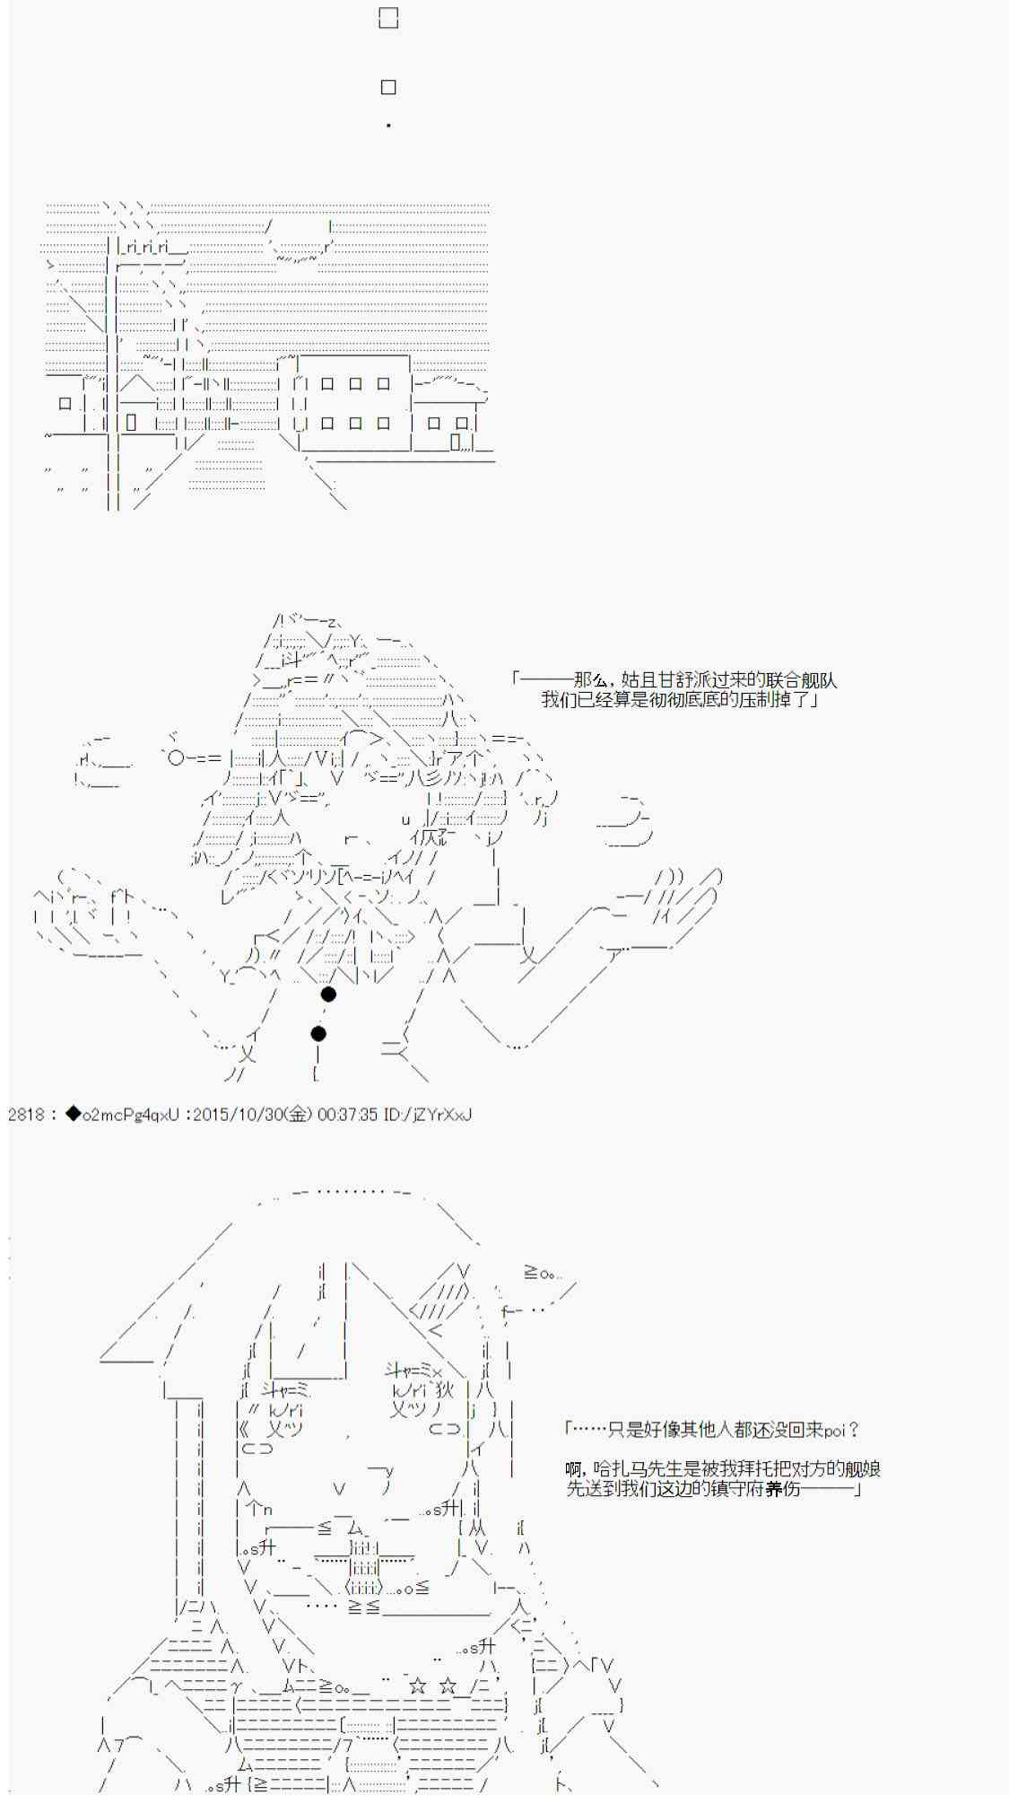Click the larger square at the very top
click(x=388, y=18)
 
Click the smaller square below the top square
click(x=388, y=87)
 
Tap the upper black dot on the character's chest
click(x=328, y=994)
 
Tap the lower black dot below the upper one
click(x=318, y=1034)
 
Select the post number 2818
click(x=25, y=1115)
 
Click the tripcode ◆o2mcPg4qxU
click(x=122, y=1115)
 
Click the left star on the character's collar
click(x=417, y=1686)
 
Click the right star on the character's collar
click(x=449, y=1686)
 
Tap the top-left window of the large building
click(x=327, y=383)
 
